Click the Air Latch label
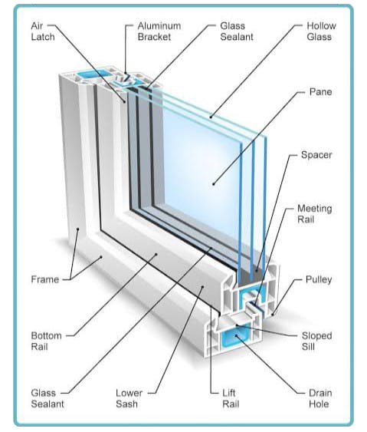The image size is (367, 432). pyautogui.click(x=43, y=31)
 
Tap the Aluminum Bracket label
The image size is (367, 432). pyautogui.click(x=159, y=31)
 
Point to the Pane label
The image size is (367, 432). pyautogui.click(x=320, y=92)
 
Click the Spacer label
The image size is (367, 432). pyautogui.click(x=316, y=155)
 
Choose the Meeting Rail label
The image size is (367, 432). pyautogui.click(x=314, y=214)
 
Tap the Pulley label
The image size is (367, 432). pyautogui.click(x=319, y=279)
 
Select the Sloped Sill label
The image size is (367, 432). pyautogui.click(x=316, y=341)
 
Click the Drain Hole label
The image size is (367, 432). pyautogui.click(x=320, y=398)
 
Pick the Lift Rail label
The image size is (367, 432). pyautogui.click(x=231, y=398)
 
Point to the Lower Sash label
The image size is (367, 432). pyautogui.click(x=129, y=398)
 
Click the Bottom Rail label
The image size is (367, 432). pyautogui.click(x=46, y=341)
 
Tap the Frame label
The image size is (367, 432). pyautogui.click(x=45, y=279)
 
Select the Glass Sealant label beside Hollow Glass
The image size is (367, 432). pyautogui.click(x=237, y=31)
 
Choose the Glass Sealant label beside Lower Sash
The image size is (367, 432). pyautogui.click(x=48, y=398)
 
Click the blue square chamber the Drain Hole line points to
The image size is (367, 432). pyautogui.click(x=235, y=337)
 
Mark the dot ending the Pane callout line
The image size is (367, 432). pyautogui.click(x=214, y=183)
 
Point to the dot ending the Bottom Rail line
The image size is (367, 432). pyautogui.click(x=156, y=254)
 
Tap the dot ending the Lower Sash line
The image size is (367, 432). pyautogui.click(x=203, y=286)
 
